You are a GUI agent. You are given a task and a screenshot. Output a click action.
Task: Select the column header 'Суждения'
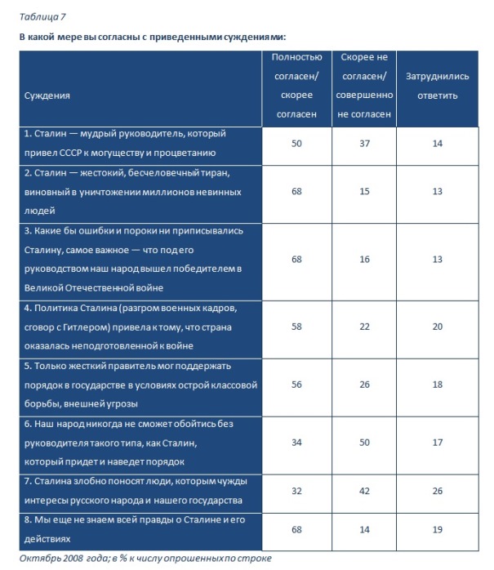(47, 96)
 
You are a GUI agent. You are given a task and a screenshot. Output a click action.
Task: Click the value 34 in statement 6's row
(297, 443)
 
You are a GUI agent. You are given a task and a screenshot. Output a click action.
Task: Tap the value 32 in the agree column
(297, 492)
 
